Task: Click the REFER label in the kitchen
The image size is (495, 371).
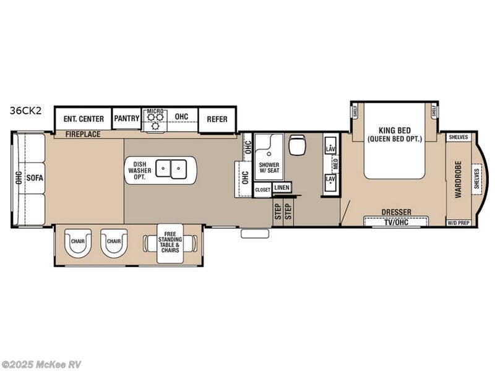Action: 217,119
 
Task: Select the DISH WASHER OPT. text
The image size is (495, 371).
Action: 139,169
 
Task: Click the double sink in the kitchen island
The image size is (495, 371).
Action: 171,168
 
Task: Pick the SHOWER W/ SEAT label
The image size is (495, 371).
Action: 269,169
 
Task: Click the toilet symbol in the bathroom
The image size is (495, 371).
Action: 298,145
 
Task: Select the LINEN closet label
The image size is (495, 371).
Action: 282,187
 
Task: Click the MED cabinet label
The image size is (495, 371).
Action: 335,164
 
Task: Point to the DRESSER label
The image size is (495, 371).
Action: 396,212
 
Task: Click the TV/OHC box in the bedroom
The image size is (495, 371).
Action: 396,221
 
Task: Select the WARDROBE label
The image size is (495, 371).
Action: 458,179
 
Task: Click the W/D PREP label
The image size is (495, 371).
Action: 458,223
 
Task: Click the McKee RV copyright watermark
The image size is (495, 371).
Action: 41,365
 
